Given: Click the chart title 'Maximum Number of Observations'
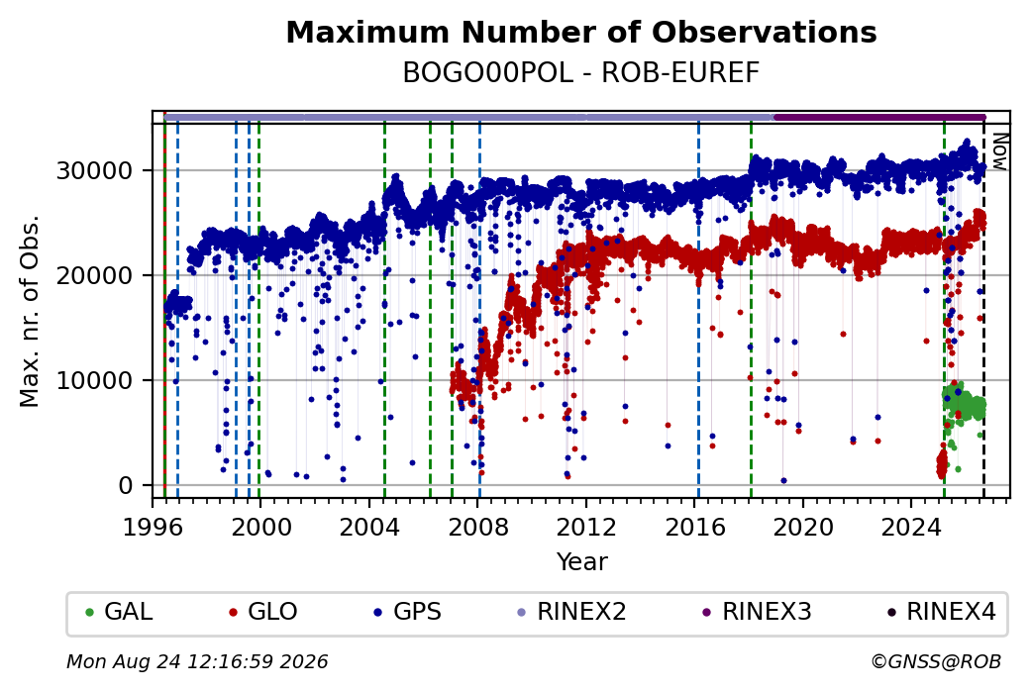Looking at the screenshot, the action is (x=581, y=32).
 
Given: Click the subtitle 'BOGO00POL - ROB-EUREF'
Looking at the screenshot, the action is (x=581, y=73).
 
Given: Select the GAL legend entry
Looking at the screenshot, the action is (x=119, y=612).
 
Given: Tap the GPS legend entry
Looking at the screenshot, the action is (x=407, y=612).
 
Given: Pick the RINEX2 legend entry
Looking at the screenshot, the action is (x=571, y=612).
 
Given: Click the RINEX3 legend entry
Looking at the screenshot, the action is (x=757, y=612).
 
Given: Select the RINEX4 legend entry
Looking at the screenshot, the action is (x=941, y=612).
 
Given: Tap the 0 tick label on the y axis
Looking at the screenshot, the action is (x=126, y=486).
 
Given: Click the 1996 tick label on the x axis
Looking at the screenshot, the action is (x=153, y=527).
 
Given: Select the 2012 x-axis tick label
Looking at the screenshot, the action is (x=586, y=527).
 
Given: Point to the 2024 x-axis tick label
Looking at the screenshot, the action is (x=911, y=527).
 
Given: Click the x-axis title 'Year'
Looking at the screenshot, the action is (x=582, y=562).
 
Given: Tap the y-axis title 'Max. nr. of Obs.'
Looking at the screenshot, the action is (x=30, y=311).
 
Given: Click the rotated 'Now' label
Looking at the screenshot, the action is (x=999, y=151).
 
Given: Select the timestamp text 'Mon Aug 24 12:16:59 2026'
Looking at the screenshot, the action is (x=197, y=661).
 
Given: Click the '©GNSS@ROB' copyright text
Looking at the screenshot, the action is (x=936, y=661).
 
